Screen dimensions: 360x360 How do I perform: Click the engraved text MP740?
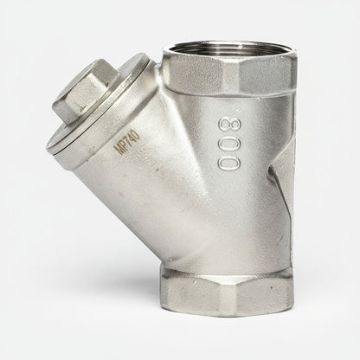coord(127,142)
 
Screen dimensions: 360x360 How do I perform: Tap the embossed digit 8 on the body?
coord(230,125)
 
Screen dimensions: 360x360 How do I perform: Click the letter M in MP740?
coord(118,150)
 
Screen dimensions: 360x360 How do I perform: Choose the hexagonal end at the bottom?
coord(227,292)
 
